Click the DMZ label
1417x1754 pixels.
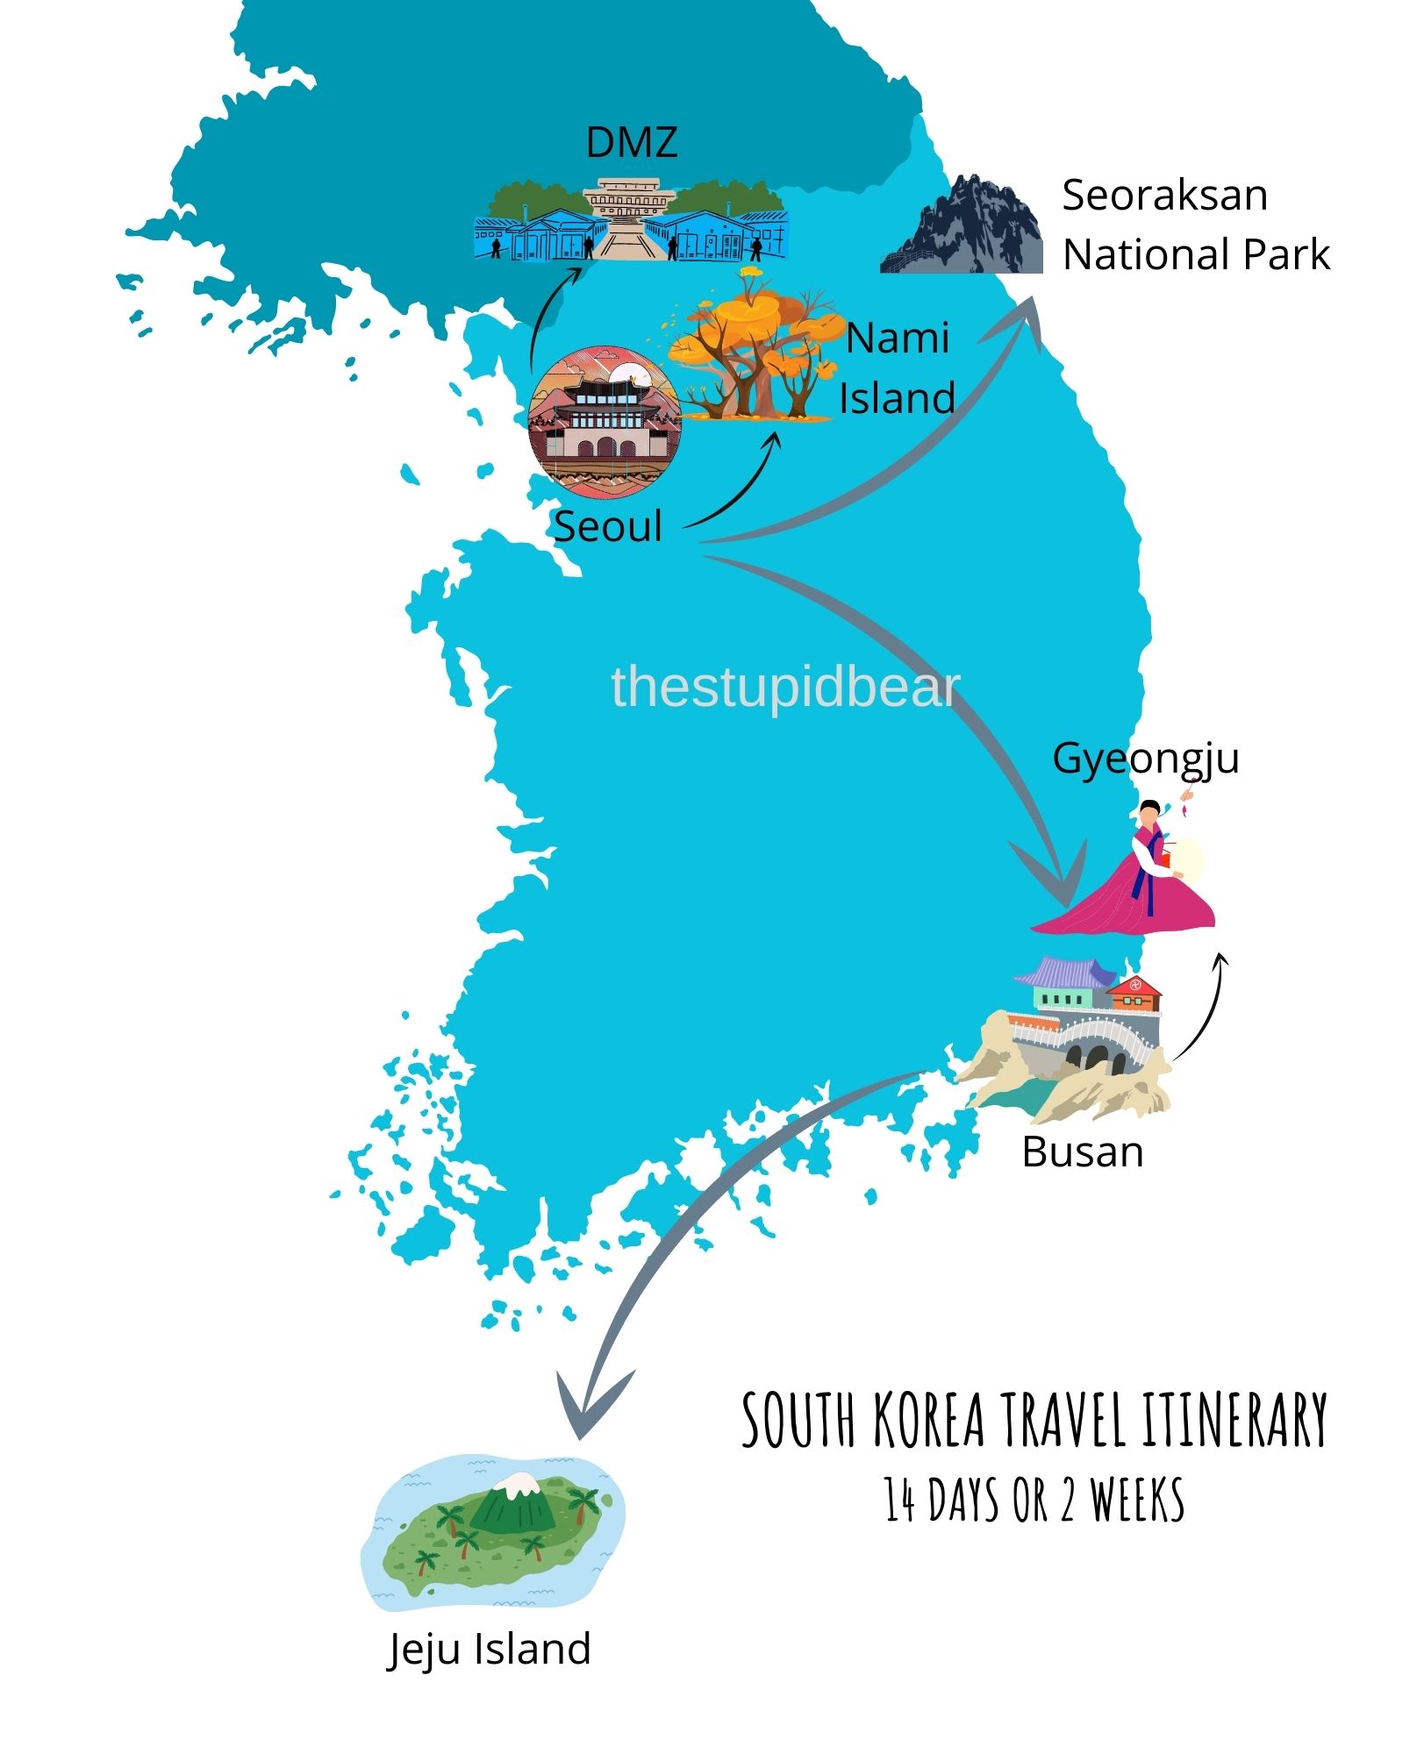point(631,142)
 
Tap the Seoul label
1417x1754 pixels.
point(607,526)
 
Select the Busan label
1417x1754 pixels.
point(1082,1152)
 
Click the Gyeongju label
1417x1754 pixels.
point(1145,759)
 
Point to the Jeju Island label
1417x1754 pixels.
point(489,1650)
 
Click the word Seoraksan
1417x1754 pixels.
point(1164,195)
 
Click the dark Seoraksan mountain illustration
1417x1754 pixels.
point(965,228)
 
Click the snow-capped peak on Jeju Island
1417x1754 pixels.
point(518,1482)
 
